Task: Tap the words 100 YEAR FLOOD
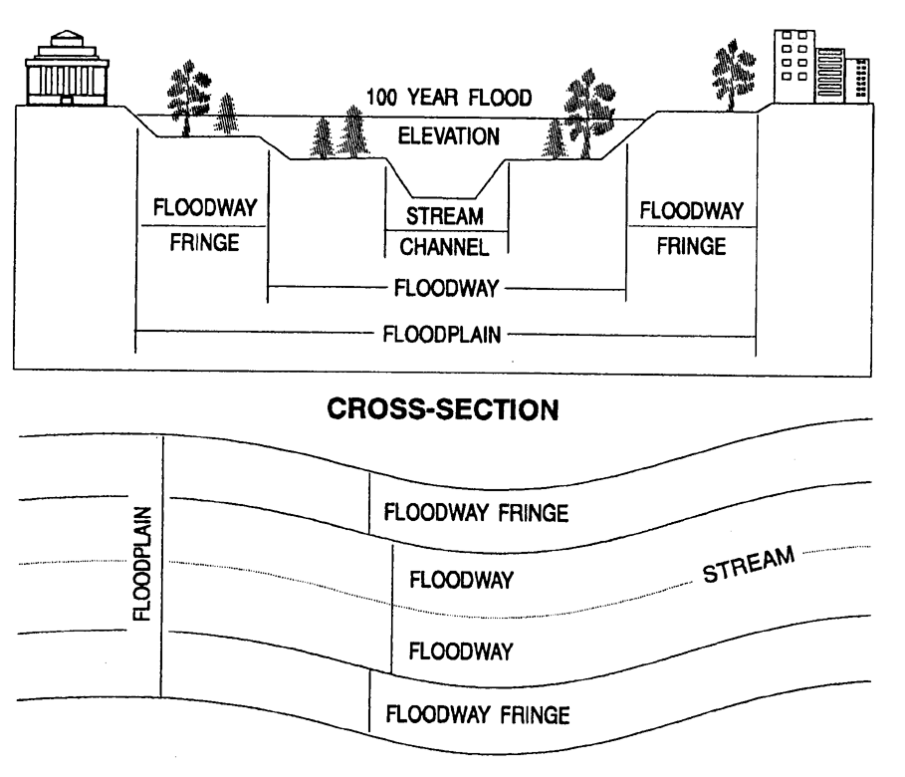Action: [x=448, y=98]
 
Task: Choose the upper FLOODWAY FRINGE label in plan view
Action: [x=475, y=514]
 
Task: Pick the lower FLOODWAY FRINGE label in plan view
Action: [x=477, y=713]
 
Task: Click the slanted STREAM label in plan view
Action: [x=752, y=566]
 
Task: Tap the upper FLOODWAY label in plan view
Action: [x=461, y=581]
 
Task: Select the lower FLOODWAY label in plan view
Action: [x=461, y=652]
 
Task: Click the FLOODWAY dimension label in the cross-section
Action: [x=447, y=289]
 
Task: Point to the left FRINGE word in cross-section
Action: [x=204, y=242]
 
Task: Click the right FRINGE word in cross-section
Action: [x=691, y=246]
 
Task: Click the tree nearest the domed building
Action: [x=185, y=97]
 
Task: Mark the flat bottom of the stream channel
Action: [x=446, y=198]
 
